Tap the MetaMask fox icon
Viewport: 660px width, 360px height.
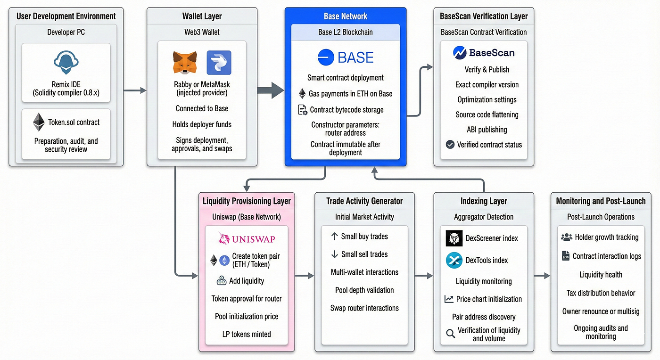(x=185, y=63)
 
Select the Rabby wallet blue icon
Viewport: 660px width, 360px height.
(x=219, y=63)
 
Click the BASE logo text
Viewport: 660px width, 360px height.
(x=346, y=57)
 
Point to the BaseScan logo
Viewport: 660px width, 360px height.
(x=484, y=53)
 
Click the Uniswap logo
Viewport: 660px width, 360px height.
(x=247, y=239)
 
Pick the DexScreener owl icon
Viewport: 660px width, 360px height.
(x=454, y=238)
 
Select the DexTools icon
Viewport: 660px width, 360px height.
(x=454, y=260)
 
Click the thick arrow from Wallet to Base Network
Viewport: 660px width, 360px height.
(x=271, y=90)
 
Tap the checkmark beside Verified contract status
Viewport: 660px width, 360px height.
(x=450, y=145)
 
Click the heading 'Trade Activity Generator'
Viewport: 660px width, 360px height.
(x=364, y=201)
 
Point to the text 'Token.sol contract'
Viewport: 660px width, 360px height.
(x=74, y=122)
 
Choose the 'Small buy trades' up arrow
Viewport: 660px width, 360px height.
(x=335, y=237)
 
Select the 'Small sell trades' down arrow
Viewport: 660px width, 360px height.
(x=335, y=254)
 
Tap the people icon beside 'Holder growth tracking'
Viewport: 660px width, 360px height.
(x=566, y=237)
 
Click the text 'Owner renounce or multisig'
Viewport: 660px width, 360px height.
(x=601, y=311)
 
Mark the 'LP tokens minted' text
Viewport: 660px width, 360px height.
(x=247, y=334)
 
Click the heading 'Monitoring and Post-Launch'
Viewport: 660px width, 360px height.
(x=601, y=201)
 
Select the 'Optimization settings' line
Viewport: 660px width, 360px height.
(x=487, y=99)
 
